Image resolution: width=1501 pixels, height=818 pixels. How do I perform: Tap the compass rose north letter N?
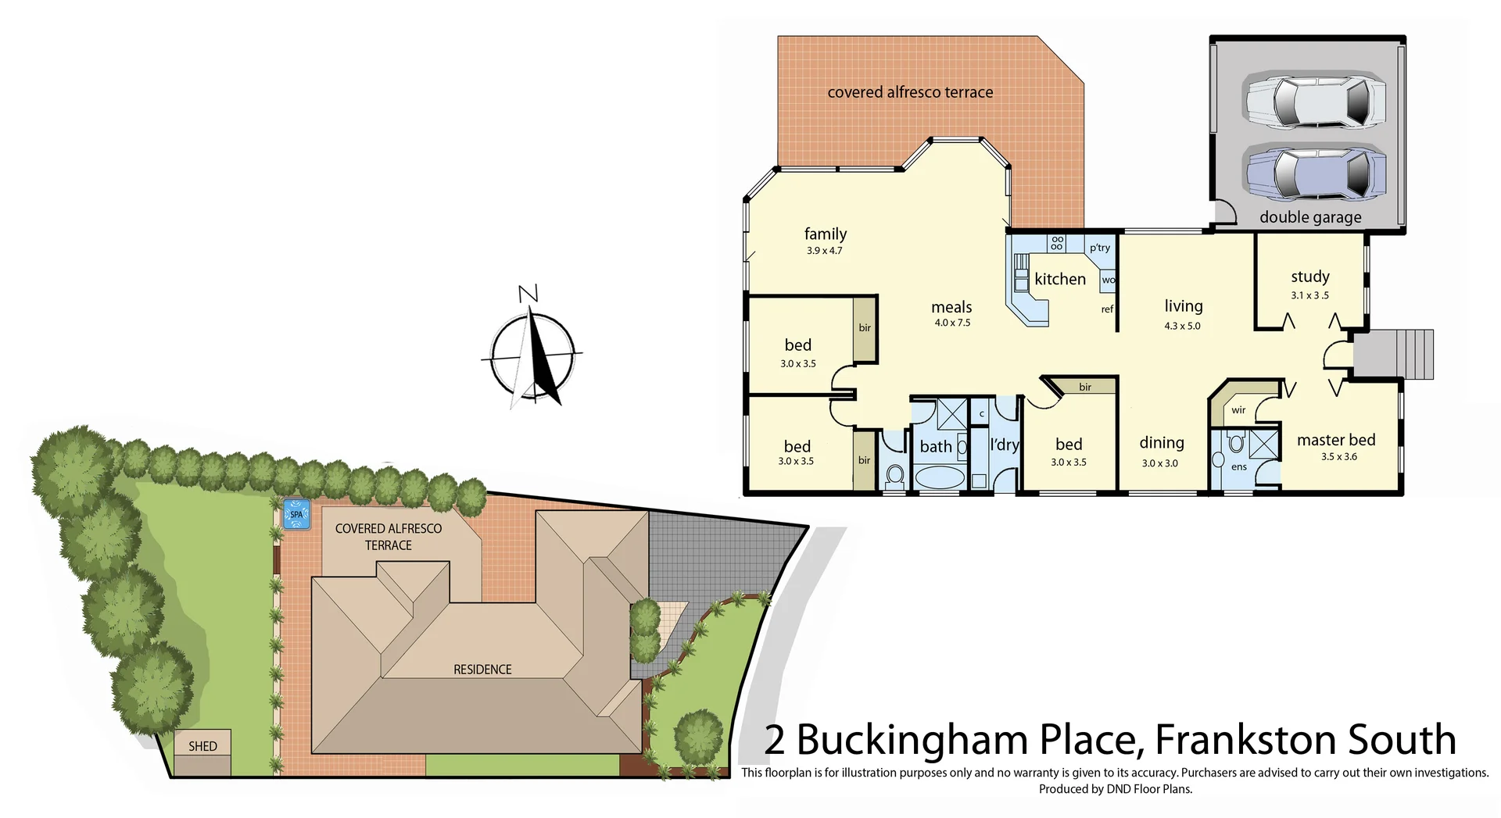click(x=528, y=295)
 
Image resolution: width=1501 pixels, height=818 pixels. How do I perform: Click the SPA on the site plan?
click(x=296, y=514)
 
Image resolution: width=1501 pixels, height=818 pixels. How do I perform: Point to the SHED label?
click(x=202, y=746)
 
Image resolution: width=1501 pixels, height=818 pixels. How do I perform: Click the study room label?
click(x=1310, y=277)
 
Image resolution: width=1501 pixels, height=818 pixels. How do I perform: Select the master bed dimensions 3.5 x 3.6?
click(x=1339, y=457)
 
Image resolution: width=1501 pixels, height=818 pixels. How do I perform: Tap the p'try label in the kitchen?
click(x=1099, y=248)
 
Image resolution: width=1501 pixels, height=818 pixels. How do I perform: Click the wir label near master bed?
click(x=1238, y=410)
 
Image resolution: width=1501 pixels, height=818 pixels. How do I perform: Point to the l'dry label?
click(x=1005, y=445)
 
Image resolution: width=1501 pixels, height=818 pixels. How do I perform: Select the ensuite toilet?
click(x=1236, y=445)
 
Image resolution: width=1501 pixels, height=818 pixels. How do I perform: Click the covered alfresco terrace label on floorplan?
click(x=910, y=92)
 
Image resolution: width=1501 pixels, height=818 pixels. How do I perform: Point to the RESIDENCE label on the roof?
click(x=482, y=670)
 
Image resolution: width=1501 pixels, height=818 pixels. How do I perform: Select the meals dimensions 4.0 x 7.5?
click(x=952, y=323)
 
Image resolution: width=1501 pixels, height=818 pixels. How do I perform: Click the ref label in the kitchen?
click(x=1107, y=309)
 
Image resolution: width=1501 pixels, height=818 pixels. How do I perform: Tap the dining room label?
click(x=1161, y=443)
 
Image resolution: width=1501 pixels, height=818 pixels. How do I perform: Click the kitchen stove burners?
click(x=1057, y=243)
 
